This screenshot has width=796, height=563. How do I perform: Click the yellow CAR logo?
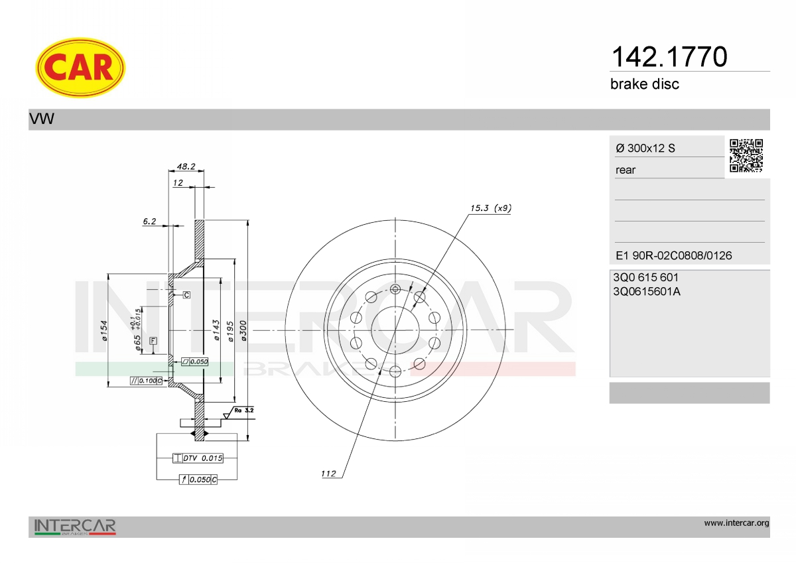[x=80, y=68]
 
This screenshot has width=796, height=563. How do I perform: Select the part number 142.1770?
[x=669, y=57]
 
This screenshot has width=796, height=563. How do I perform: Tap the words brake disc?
[x=645, y=84]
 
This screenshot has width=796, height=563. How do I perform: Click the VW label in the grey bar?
[x=42, y=119]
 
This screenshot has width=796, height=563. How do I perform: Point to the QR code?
[x=746, y=156]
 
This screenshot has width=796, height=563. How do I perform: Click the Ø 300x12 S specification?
[x=645, y=148]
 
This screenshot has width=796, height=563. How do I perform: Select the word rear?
[x=626, y=170]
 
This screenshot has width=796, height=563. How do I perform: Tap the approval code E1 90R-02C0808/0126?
[x=674, y=255]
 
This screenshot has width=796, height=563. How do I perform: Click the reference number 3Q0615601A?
[x=647, y=292]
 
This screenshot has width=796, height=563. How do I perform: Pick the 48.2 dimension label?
[x=186, y=166]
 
